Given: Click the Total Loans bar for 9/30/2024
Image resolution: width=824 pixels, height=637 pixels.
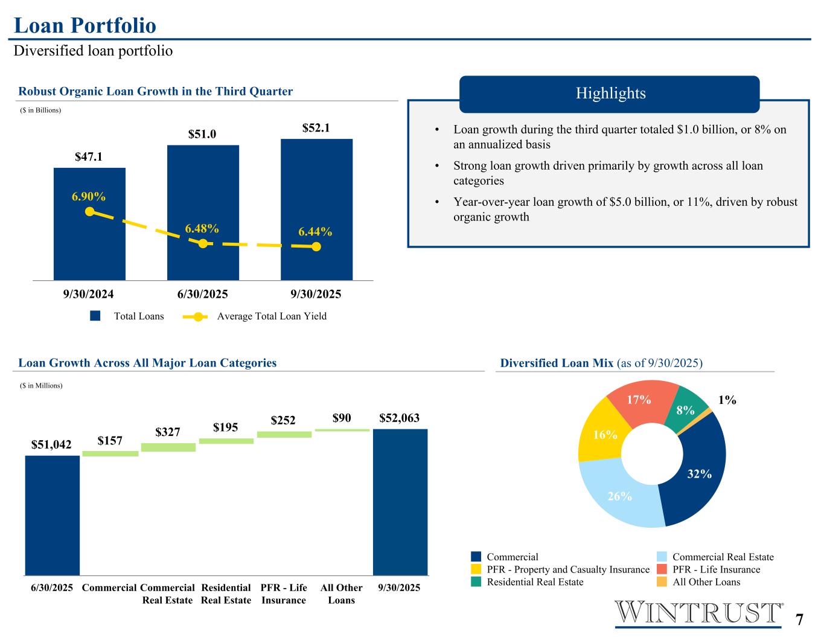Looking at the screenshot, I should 89,242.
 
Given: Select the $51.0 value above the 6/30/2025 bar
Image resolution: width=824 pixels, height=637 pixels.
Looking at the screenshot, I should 202,134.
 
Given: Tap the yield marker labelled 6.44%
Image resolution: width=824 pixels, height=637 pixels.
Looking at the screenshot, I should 316,246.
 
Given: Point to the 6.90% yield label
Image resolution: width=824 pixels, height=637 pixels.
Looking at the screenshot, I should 89,196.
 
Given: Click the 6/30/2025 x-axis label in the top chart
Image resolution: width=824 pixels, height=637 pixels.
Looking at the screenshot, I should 202,295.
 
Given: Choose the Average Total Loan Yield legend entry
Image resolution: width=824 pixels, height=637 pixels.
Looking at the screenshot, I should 271,316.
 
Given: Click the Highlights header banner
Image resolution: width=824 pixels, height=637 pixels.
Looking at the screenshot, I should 610,94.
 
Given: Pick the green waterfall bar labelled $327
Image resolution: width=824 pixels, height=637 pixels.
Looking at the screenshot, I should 168,447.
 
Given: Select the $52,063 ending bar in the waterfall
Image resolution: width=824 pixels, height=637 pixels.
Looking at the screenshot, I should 400,502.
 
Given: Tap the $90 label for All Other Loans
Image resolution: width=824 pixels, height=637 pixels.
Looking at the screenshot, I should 342,418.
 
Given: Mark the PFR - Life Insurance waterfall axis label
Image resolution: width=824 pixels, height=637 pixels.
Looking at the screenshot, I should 284,594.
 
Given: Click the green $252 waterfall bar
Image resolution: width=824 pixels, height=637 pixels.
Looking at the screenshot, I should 284,434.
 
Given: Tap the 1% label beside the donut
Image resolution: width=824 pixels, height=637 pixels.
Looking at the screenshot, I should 727,400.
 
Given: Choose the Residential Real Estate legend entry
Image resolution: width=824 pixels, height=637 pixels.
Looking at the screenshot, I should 535,582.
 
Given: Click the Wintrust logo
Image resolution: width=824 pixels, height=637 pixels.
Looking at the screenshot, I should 698,613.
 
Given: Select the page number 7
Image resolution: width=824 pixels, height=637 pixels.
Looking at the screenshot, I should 799,620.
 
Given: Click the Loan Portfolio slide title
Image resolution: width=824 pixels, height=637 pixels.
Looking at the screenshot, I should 85,25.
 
